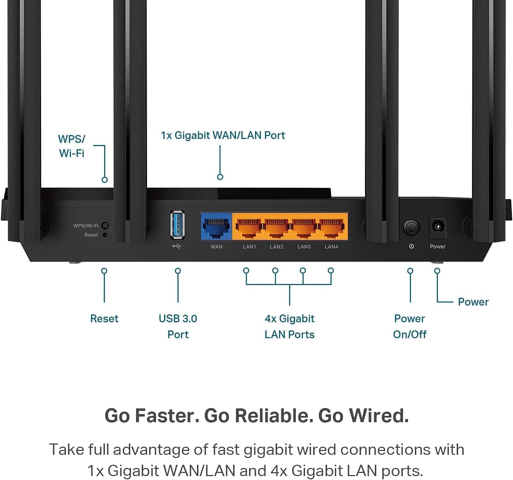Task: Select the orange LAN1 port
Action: pos(249,228)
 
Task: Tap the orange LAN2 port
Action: pos(276,228)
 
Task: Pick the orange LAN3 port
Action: pos(304,228)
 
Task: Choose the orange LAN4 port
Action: pos(332,228)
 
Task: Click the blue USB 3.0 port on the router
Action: pos(177,225)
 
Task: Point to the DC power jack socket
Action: pos(438,227)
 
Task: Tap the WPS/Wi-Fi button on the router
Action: pos(105,225)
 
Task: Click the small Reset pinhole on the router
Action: pos(105,235)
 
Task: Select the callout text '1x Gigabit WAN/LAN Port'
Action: pos(223,135)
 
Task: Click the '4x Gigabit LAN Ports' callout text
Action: pos(289,326)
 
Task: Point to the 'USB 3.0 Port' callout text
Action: pos(178,326)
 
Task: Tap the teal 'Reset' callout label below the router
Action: pos(104,319)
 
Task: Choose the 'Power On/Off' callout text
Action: pos(410,326)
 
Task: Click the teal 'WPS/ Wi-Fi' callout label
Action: pos(72,146)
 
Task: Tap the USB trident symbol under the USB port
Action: pos(177,246)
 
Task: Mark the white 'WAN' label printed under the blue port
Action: pos(216,247)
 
